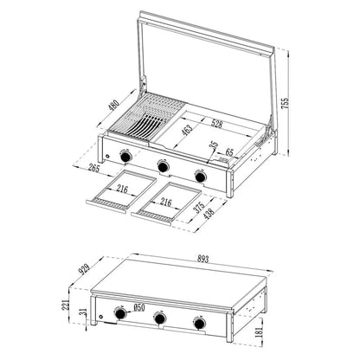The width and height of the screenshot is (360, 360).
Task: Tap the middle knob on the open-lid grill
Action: (162, 166)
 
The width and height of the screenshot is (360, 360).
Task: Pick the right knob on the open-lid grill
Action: (201, 176)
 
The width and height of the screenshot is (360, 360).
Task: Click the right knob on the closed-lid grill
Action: (200, 325)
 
